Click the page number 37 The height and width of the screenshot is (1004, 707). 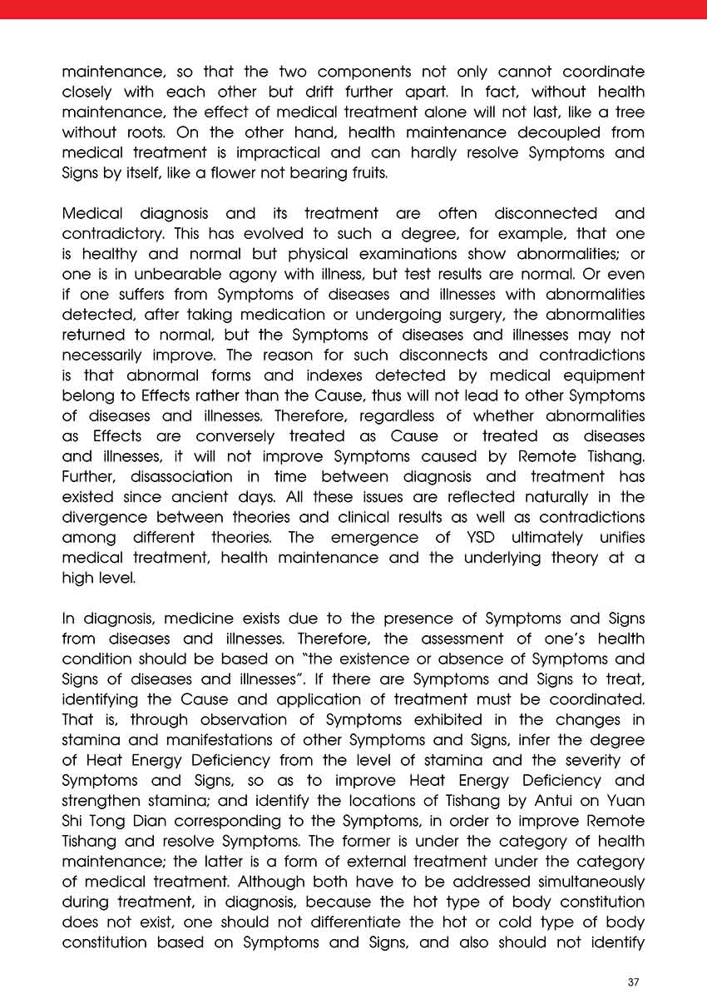pyautogui.click(x=633, y=982)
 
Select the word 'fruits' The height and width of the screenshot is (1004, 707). pyautogui.click(x=367, y=173)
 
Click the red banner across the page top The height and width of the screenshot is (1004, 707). pyautogui.click(x=353, y=9)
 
